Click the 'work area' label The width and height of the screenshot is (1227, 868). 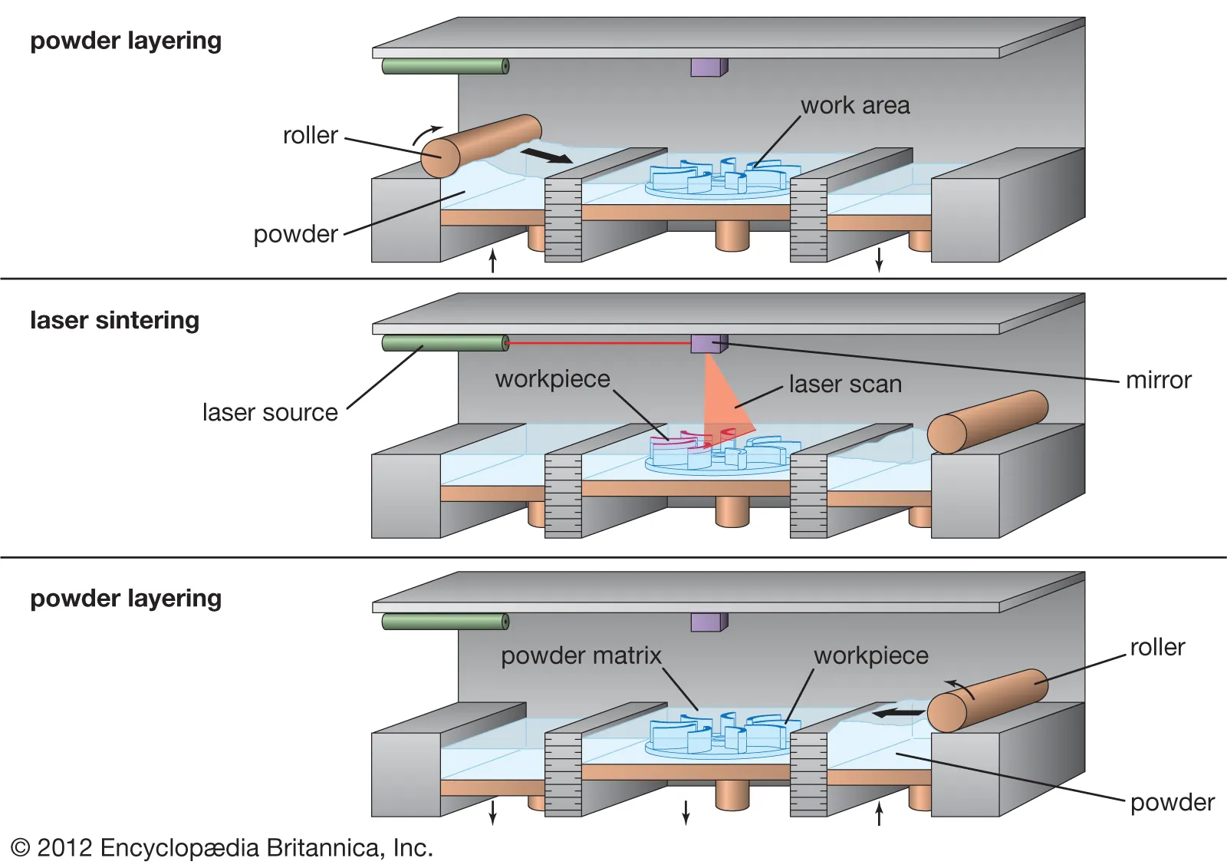point(855,105)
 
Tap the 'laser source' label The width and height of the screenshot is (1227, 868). point(270,412)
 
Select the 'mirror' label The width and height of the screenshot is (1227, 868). point(1158,380)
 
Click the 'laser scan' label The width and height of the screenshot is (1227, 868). point(845,384)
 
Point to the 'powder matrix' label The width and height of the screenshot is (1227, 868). point(581,655)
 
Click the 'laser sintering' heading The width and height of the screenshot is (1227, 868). point(114,320)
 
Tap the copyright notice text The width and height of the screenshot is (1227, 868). point(222,847)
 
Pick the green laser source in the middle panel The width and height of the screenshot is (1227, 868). point(445,342)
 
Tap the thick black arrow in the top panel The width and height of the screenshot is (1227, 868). point(546,156)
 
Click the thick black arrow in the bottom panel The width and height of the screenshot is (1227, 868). point(899,713)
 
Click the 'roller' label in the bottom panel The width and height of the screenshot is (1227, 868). point(1157,647)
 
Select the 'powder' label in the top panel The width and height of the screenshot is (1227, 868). point(295,234)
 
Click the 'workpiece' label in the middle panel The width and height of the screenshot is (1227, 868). point(552,379)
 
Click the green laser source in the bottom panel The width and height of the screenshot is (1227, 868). point(445,621)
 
